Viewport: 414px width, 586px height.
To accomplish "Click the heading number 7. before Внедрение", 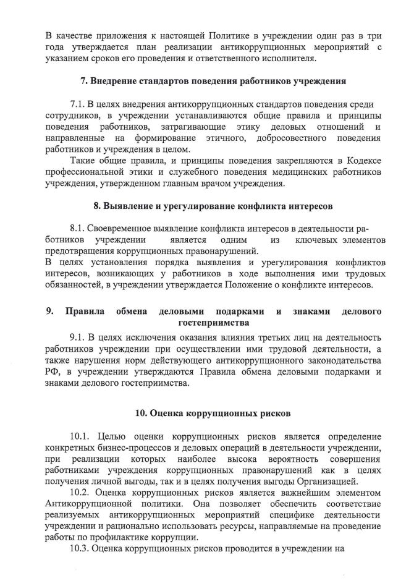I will click(x=85, y=82).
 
